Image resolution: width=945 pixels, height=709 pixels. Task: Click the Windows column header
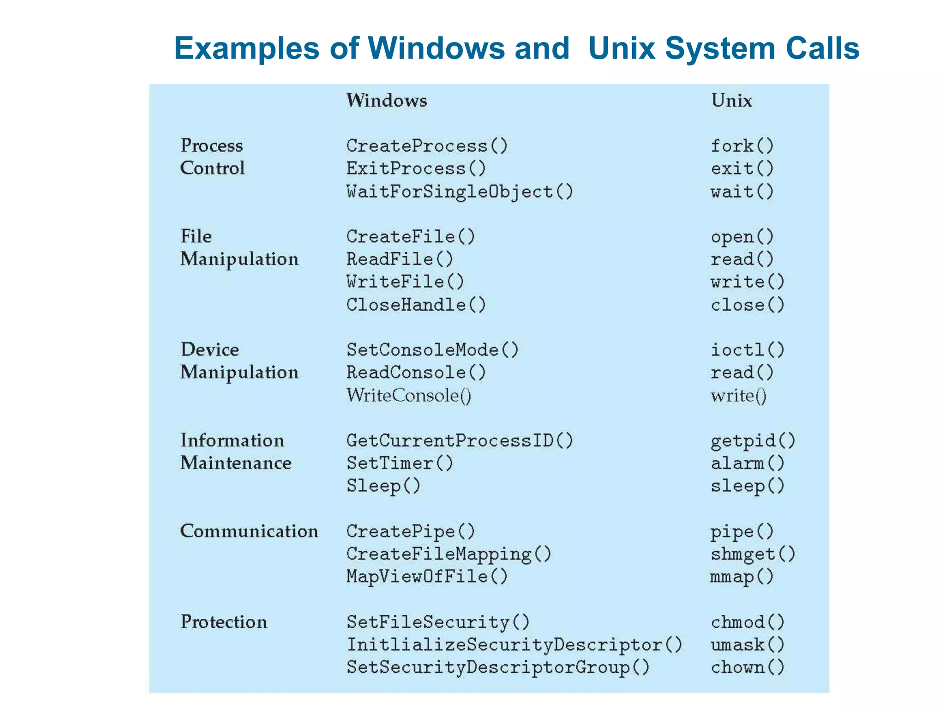tap(387, 101)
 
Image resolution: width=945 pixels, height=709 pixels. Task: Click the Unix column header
tap(731, 101)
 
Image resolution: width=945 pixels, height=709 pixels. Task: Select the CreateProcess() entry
tap(427, 146)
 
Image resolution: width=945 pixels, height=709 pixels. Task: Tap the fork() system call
tap(742, 146)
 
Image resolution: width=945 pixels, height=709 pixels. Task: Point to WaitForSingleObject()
tap(460, 192)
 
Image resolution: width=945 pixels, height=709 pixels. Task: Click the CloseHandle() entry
tap(416, 305)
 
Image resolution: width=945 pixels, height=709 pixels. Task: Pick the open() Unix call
tap(742, 237)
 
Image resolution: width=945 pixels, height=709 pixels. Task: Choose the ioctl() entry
tap(747, 350)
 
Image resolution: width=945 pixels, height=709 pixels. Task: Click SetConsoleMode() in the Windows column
tap(432, 350)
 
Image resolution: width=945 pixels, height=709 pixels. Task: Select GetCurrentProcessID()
tap(460, 440)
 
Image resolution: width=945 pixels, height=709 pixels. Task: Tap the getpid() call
tap(753, 440)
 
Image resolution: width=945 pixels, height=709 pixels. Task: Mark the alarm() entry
tap(747, 463)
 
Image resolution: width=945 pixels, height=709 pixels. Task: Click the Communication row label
tap(249, 531)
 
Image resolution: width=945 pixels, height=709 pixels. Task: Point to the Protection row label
tap(224, 622)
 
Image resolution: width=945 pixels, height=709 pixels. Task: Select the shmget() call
tap(753, 554)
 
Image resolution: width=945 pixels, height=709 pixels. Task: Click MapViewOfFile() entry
tap(427, 577)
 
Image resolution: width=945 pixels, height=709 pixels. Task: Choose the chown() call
tap(747, 667)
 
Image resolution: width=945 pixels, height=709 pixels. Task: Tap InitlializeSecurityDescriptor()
tap(514, 644)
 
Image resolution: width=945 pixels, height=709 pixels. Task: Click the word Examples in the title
tap(246, 48)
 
